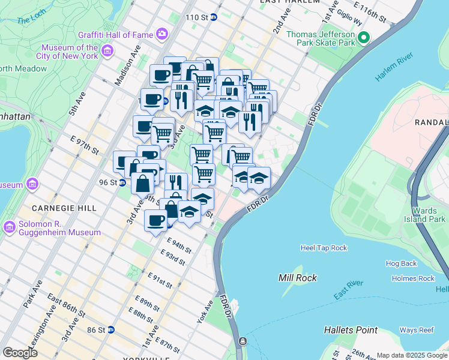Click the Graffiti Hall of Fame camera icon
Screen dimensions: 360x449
point(161,34)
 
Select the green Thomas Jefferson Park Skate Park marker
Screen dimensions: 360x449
point(363,39)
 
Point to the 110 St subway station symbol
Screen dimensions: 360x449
point(213,17)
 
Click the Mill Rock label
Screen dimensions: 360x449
point(298,278)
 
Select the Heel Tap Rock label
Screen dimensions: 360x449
point(324,248)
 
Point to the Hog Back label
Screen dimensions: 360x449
point(401,263)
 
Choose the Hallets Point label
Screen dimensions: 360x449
point(351,330)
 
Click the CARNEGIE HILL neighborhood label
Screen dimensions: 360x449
point(59,208)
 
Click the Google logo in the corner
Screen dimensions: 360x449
point(20,352)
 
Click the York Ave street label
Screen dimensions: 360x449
point(205,312)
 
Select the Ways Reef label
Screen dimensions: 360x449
point(417,330)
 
